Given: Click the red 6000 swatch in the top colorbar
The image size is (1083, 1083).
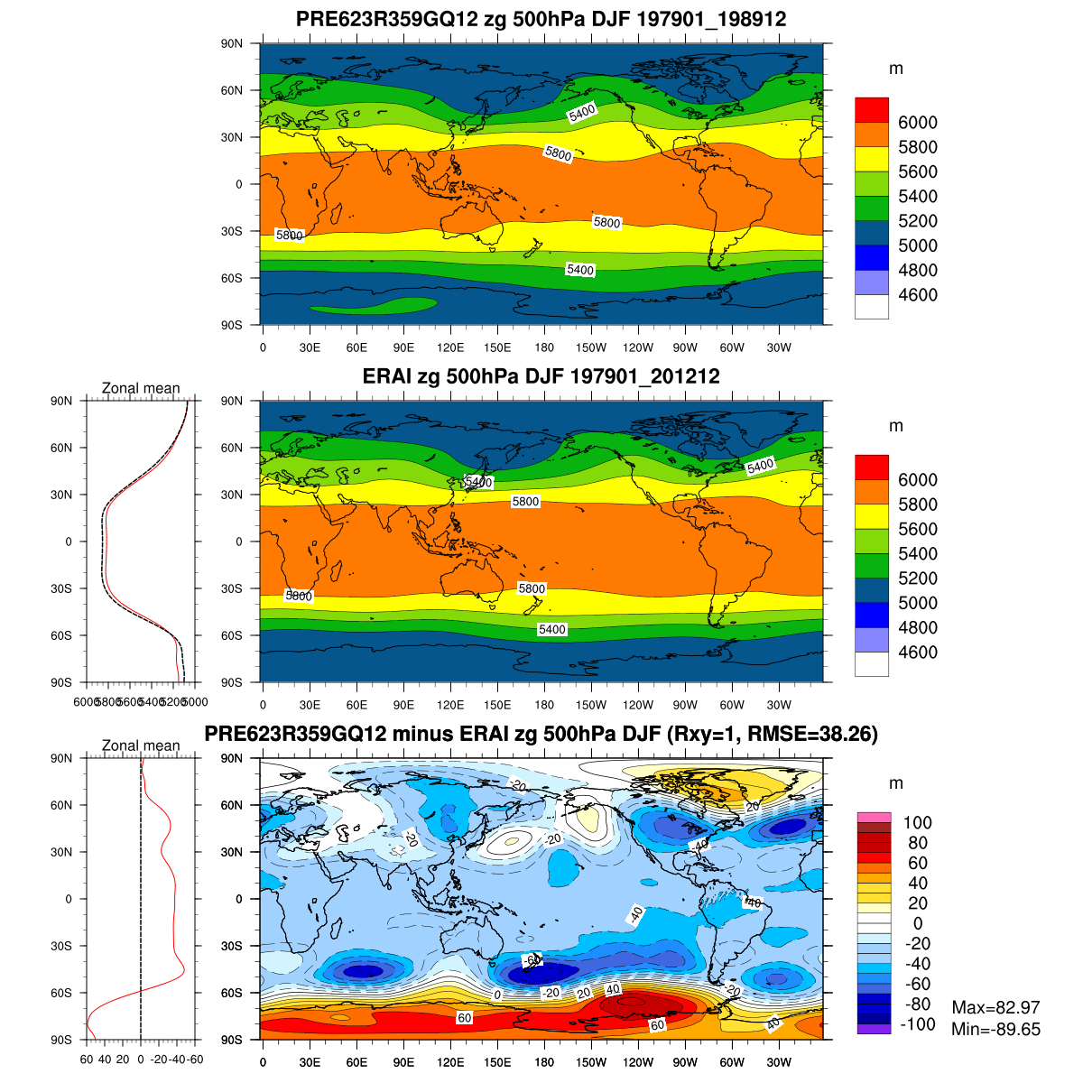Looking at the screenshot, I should tap(871, 109).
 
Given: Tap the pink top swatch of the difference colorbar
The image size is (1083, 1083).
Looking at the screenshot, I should tap(874, 817).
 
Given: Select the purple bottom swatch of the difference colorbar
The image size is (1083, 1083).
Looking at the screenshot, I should tap(874, 1029).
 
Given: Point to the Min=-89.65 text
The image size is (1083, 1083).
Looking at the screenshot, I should tap(995, 1029).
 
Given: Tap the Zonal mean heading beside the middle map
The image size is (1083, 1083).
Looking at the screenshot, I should tap(141, 388).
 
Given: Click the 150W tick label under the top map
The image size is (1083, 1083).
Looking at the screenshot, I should tap(592, 347).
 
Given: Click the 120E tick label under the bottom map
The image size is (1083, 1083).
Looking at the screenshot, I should tap(450, 1062).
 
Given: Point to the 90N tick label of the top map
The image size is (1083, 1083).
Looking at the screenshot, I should tap(233, 43).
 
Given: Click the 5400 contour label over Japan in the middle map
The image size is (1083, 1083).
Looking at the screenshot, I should tap(477, 483).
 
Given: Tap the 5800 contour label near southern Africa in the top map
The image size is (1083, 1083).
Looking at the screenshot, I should tap(290, 236).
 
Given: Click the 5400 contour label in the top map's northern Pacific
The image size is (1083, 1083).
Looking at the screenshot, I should tap(581, 113).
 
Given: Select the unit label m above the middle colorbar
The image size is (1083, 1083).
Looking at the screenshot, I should tap(895, 426).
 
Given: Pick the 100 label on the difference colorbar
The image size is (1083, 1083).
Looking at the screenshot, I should tap(917, 822).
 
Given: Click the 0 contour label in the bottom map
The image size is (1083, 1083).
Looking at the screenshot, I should tap(496, 995).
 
